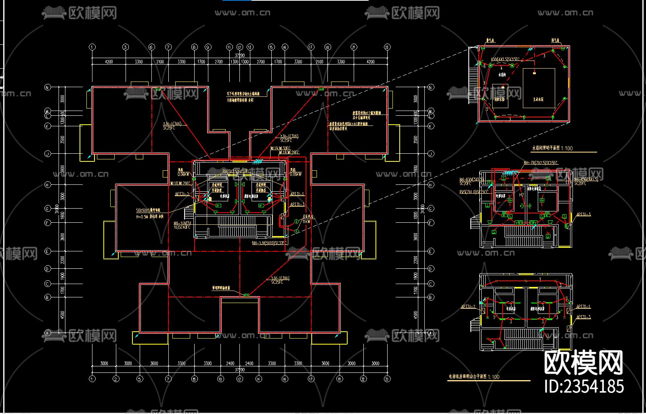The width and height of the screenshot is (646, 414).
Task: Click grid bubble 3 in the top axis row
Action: (126, 47)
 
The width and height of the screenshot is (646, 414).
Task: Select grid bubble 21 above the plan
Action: (354, 47)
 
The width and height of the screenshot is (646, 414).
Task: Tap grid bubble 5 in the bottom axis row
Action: (140, 379)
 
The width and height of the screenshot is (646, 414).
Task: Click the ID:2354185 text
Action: (583, 386)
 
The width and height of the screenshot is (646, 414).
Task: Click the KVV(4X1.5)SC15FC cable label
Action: (505, 60)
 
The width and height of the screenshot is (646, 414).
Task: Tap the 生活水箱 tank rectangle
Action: (539, 88)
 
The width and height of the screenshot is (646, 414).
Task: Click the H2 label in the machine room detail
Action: (521, 194)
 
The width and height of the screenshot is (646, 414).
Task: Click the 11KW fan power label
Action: (306, 222)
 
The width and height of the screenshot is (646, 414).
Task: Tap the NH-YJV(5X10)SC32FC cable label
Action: (269, 243)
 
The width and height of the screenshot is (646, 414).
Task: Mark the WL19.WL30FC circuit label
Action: (280, 148)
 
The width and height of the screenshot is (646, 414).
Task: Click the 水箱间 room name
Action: (502, 75)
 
